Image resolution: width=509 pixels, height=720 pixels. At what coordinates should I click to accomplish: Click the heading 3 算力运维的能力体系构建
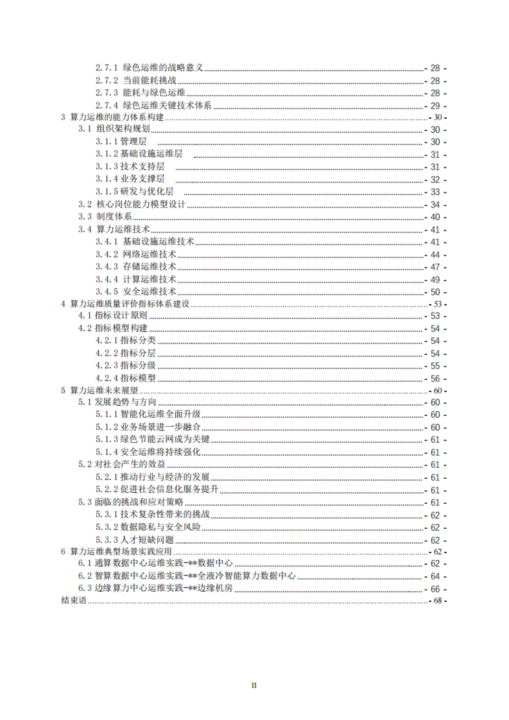[x=112, y=117]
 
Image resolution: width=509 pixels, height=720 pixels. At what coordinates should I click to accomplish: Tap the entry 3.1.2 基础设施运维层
[x=139, y=154]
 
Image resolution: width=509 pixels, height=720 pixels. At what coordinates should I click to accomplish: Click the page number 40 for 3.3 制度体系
[x=435, y=217]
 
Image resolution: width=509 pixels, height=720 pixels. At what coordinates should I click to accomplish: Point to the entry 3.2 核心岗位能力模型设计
[x=132, y=204]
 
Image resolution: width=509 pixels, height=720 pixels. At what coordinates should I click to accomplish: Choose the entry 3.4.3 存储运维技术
[x=136, y=267]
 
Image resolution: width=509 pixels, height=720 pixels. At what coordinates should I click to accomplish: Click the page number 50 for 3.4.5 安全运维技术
[x=435, y=292]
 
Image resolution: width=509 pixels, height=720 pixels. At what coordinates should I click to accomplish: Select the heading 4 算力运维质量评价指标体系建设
[x=125, y=304]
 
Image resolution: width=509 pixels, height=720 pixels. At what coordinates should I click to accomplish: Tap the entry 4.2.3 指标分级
[x=126, y=366]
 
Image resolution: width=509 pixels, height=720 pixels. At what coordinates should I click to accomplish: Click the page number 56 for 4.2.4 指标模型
[x=435, y=379]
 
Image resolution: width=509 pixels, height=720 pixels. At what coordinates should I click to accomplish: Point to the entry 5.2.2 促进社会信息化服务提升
[x=157, y=490]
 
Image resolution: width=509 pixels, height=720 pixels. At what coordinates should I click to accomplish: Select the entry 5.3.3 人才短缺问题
[x=135, y=540]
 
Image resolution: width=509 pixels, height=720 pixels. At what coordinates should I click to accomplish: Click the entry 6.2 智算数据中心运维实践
[x=187, y=576]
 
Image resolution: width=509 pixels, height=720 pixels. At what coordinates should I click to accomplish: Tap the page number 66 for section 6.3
[x=435, y=589]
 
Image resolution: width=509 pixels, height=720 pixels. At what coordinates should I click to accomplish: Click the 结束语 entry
[x=74, y=601]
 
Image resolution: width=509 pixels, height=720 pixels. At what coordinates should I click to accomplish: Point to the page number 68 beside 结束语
[x=438, y=601]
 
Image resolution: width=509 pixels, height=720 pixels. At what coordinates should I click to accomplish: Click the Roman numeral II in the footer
[x=254, y=685]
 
